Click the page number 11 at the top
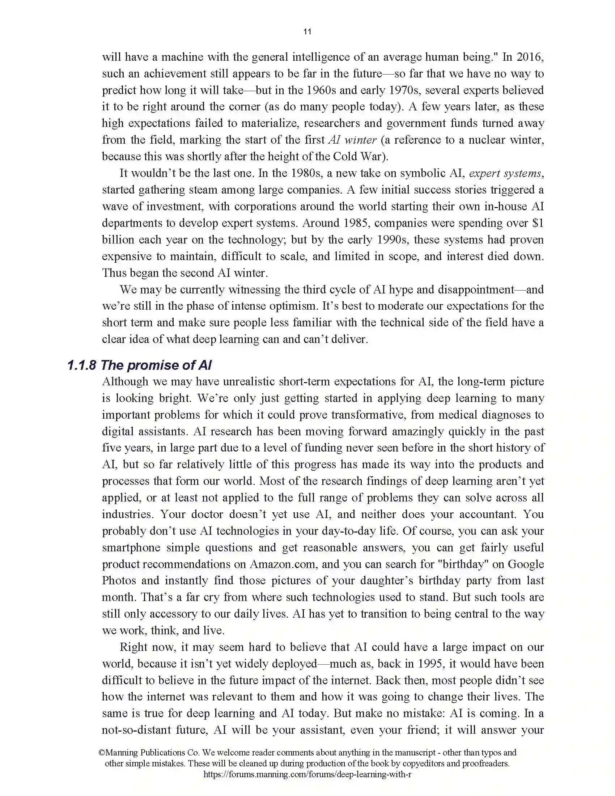(x=307, y=32)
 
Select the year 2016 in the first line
(x=530, y=57)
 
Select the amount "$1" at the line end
(x=537, y=223)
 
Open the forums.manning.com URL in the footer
(x=307, y=775)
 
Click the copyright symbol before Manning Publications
(x=102, y=753)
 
